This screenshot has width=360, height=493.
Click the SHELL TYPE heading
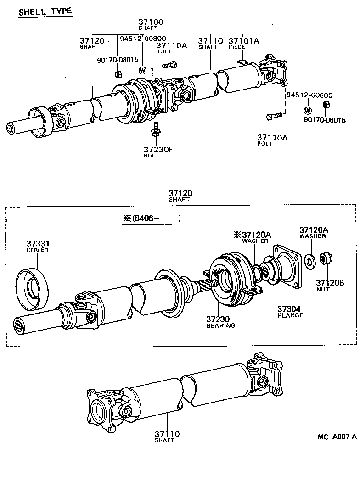point(45,11)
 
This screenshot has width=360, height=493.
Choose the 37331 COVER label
point(38,246)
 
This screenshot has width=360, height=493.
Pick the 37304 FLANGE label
point(290,312)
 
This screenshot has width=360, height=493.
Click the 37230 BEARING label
point(220,322)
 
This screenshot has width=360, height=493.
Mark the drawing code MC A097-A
point(336,437)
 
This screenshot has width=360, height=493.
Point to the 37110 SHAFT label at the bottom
point(167,437)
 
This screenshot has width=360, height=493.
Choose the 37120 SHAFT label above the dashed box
point(180,196)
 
